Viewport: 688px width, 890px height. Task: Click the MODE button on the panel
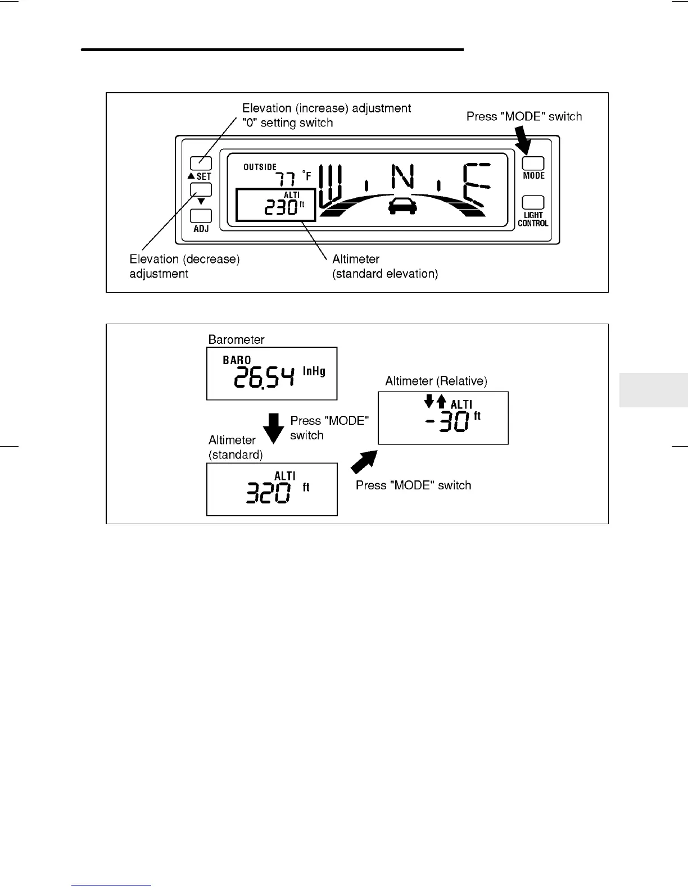click(533, 163)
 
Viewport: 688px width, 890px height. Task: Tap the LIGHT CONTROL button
click(533, 202)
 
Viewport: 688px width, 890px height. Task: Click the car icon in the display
click(402, 206)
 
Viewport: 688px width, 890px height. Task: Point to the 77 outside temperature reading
click(285, 179)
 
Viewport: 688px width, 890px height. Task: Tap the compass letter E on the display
click(475, 185)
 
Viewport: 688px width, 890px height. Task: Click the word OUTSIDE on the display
click(260, 167)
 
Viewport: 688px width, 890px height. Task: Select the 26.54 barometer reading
click(264, 376)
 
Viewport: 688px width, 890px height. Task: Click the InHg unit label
click(314, 371)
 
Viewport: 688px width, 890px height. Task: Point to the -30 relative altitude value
click(447, 421)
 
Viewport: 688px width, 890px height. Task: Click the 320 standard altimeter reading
click(269, 493)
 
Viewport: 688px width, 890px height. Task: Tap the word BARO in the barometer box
click(237, 360)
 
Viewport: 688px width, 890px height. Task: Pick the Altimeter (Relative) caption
click(436, 381)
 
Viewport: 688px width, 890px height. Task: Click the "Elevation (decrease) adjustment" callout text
click(184, 266)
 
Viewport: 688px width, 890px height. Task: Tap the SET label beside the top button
click(203, 176)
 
